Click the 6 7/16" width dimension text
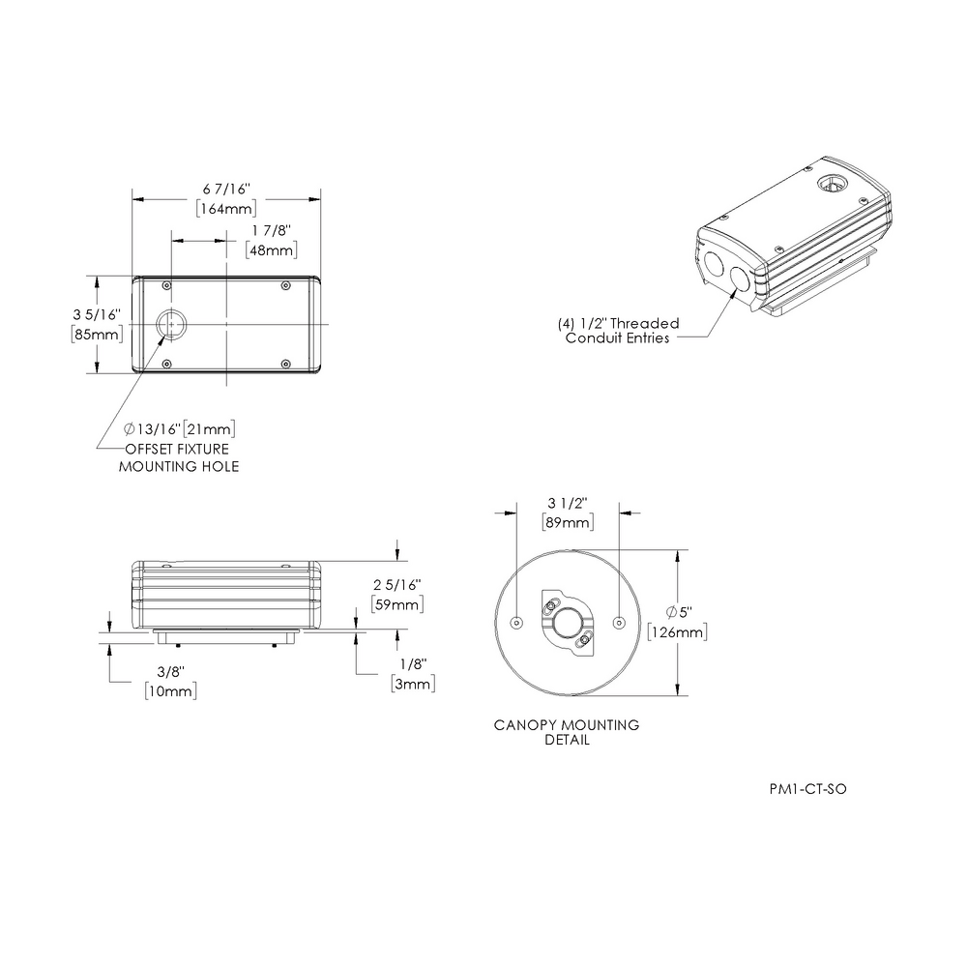[226, 190]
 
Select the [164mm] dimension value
[226, 209]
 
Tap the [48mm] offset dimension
[272, 250]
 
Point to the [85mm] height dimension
[97, 335]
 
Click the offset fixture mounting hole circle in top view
[171, 324]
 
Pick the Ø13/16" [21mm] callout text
[180, 429]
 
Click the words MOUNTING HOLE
[179, 467]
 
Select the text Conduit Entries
[617, 337]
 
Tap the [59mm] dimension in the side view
[397, 604]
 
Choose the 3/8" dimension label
[171, 672]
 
